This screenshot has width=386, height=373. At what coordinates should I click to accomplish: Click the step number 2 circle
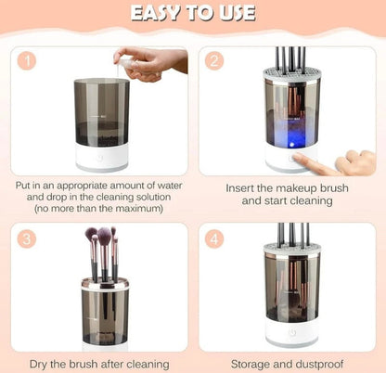tap(216, 61)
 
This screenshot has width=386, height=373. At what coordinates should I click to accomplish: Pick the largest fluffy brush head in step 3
tap(105, 238)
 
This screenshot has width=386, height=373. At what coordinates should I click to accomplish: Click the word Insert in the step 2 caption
tap(244, 186)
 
